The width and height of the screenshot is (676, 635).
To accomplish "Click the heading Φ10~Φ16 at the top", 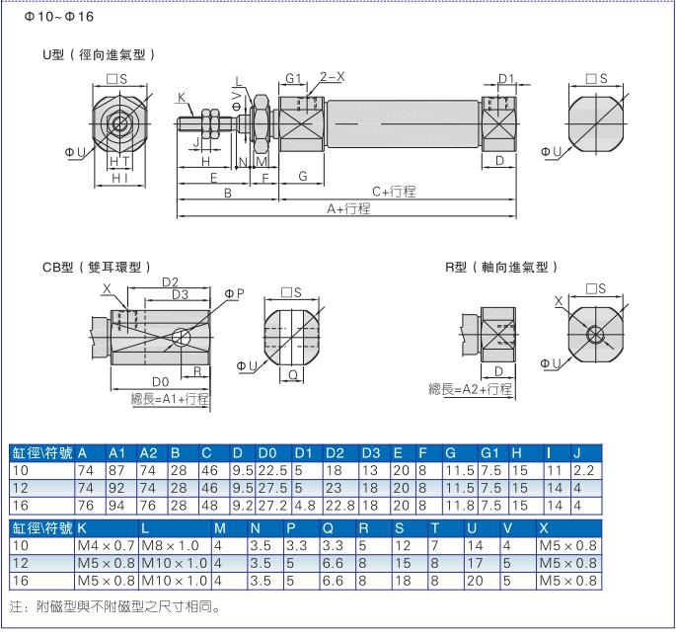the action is click(58, 17).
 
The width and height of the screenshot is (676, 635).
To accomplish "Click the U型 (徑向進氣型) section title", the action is click(99, 55).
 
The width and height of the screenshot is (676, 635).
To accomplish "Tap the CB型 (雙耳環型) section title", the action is click(97, 268).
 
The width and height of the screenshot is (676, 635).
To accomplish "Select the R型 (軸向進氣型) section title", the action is click(502, 268).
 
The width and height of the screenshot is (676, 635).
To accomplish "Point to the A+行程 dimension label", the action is click(348, 209).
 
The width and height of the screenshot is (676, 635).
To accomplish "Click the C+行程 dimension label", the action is click(394, 192).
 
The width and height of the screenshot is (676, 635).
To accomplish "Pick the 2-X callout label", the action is click(332, 77).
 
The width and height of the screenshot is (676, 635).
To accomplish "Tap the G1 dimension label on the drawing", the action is click(293, 79).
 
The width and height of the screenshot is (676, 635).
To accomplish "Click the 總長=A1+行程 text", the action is click(170, 399).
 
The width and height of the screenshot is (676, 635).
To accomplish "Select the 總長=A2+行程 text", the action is click(471, 389).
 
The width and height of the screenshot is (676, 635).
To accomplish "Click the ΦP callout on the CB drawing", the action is click(234, 293).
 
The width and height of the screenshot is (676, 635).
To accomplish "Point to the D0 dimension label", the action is click(161, 382).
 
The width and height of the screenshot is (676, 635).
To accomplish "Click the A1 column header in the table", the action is click(116, 453).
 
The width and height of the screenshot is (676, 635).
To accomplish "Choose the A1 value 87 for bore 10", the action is click(116, 471).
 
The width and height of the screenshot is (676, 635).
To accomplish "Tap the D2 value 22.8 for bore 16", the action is click(339, 506).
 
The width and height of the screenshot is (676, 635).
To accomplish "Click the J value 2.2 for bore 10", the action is click(584, 471).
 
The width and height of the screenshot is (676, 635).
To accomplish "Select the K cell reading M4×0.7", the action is click(106, 546).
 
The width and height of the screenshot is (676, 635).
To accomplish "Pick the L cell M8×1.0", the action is click(170, 546).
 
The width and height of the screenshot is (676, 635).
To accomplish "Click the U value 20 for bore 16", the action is click(475, 581).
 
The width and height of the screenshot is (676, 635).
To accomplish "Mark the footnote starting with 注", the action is click(115, 607).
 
